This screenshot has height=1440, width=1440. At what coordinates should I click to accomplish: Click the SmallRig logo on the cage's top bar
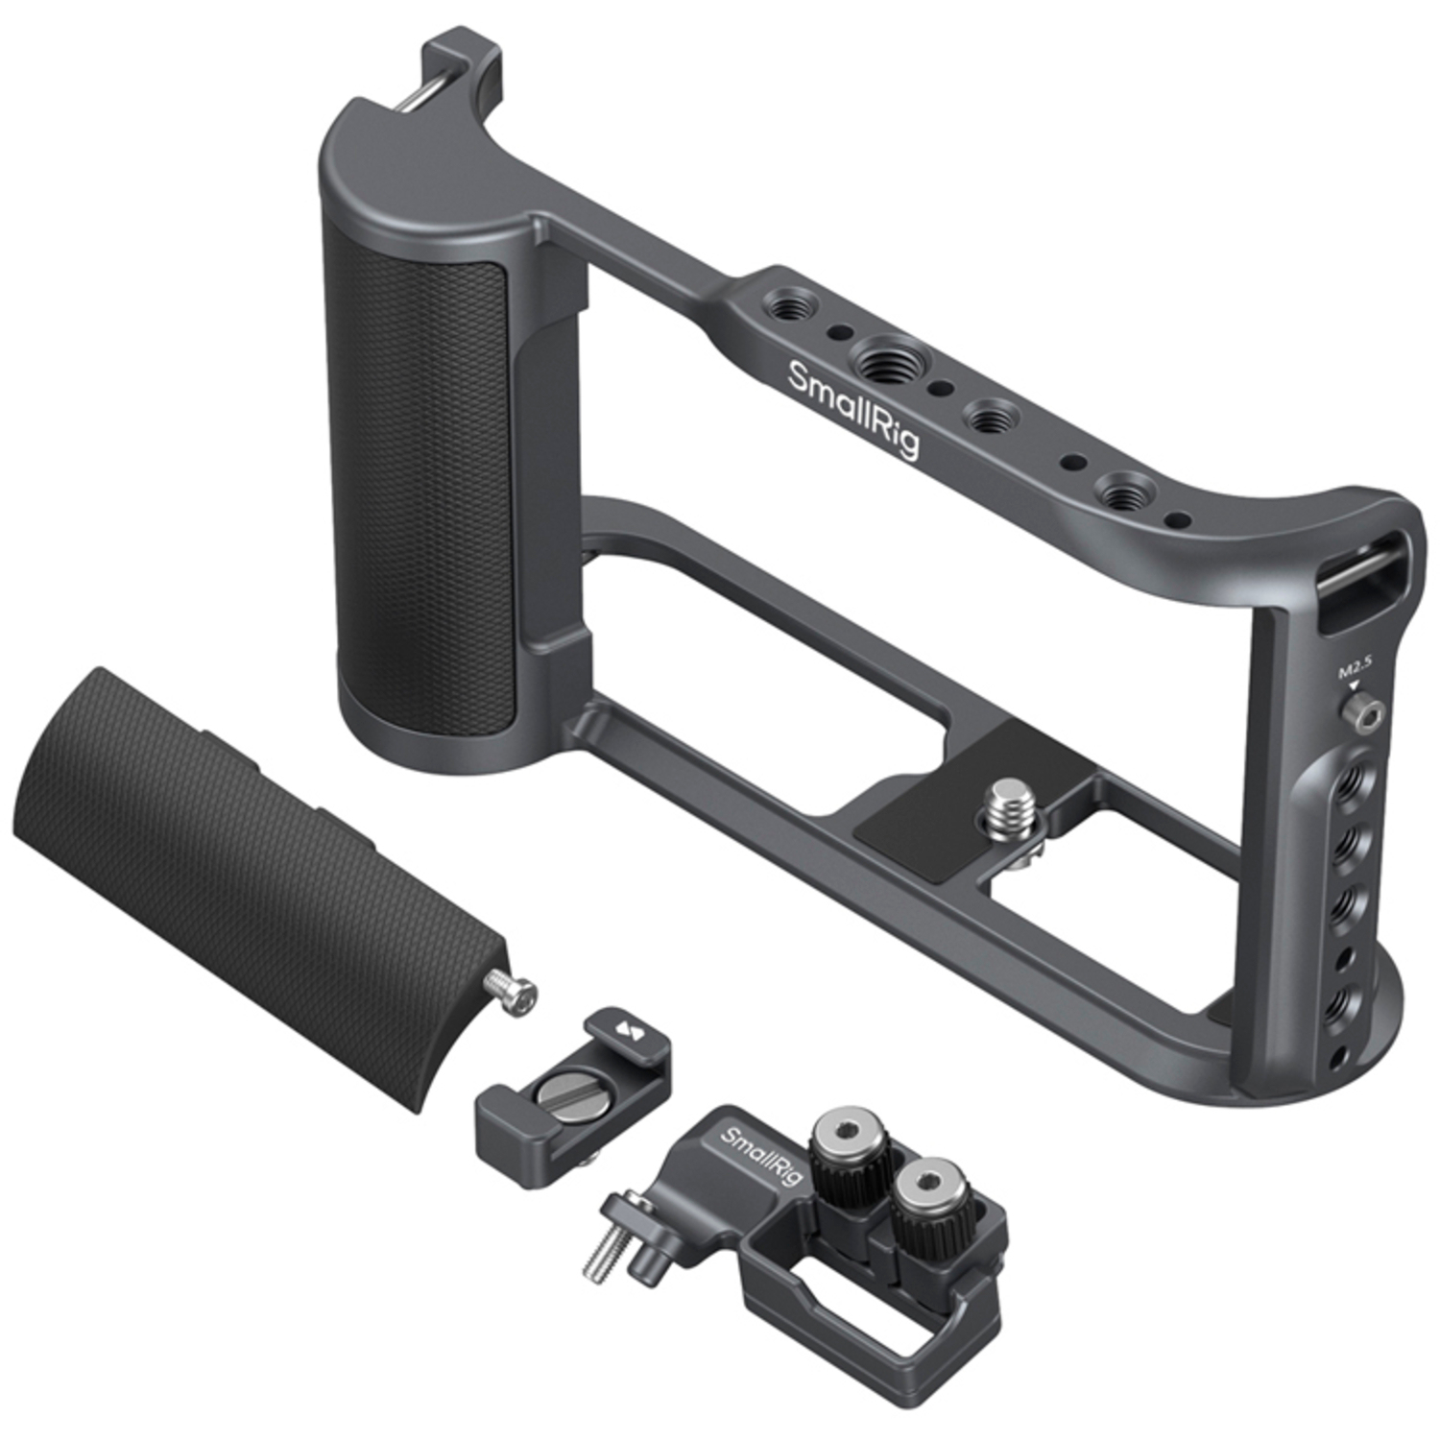852,411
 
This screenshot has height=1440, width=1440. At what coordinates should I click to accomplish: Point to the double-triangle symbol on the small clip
629,1033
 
